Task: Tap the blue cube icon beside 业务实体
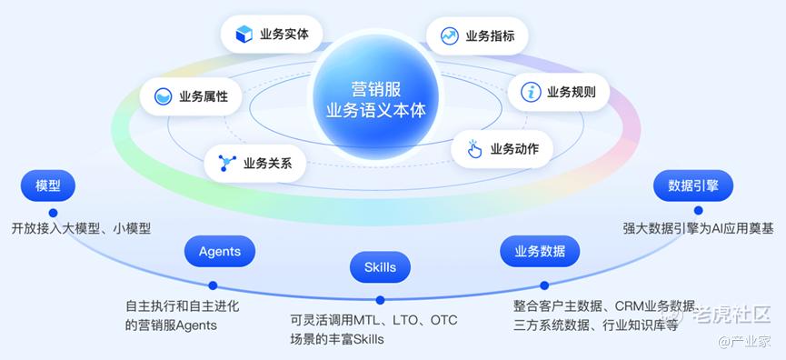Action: (244, 35)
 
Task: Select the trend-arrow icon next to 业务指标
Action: (450, 36)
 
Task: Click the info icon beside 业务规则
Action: (531, 92)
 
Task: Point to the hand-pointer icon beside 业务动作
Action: (473, 149)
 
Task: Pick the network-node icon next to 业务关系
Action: (226, 163)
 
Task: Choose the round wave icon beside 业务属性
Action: (163, 95)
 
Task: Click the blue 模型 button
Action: (48, 185)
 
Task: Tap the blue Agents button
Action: (220, 251)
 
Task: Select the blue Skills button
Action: (380, 266)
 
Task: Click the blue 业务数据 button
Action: (540, 251)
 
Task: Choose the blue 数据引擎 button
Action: (693, 185)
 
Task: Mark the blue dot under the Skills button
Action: (380, 300)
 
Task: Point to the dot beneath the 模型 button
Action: (53, 213)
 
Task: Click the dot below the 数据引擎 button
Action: (698, 211)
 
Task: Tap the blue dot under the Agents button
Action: (213, 285)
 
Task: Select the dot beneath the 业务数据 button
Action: (544, 285)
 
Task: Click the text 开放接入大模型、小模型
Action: (81, 228)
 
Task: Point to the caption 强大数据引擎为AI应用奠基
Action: (698, 228)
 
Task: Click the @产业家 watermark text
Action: (744, 342)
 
